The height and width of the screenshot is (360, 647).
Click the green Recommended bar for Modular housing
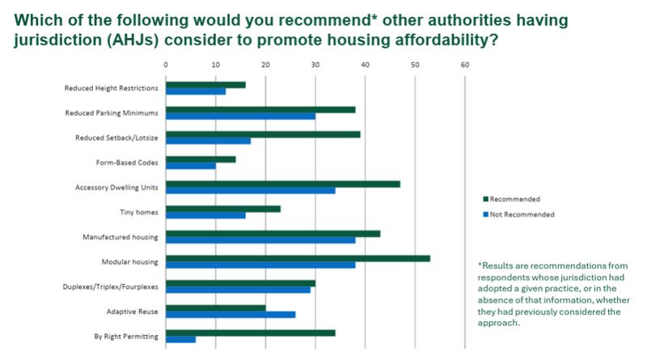point(298,259)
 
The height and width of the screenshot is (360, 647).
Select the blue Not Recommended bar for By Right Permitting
point(180,340)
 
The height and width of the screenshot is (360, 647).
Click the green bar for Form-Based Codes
point(201,159)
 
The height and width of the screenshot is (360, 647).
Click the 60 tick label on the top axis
point(464,64)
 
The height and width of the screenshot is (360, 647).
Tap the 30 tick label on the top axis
point(315,64)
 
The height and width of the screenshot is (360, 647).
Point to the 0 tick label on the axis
point(165,64)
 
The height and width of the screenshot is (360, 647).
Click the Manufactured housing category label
point(120,237)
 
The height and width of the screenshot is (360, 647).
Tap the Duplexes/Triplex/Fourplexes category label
point(111,286)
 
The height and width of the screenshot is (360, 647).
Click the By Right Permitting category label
point(127,336)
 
